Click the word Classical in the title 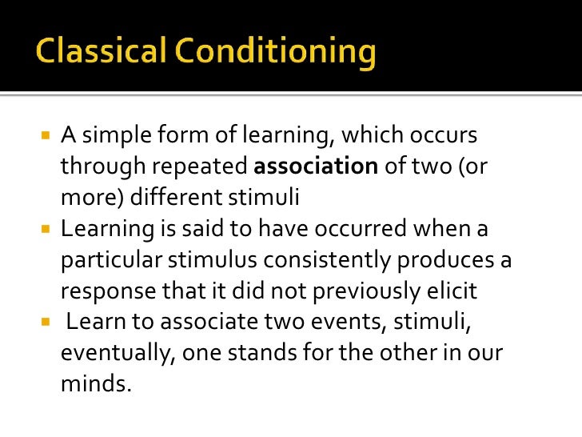[99, 53]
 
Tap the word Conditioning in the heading [273, 53]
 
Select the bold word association [316, 166]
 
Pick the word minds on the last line [95, 383]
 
